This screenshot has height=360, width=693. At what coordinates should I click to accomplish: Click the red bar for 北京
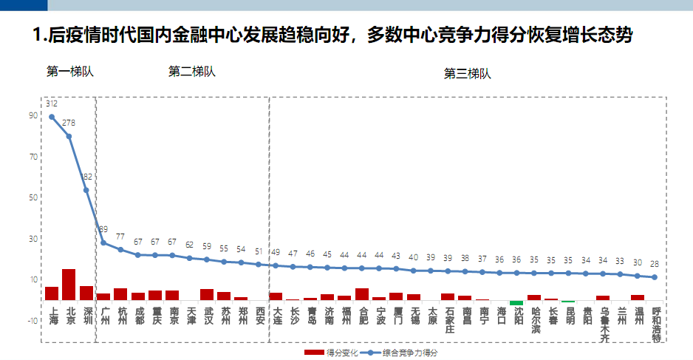(69, 285)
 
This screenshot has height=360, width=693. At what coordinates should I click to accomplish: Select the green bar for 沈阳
(516, 302)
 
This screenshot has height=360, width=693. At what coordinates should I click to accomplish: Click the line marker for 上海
(52, 117)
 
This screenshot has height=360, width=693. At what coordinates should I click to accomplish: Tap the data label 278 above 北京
(69, 123)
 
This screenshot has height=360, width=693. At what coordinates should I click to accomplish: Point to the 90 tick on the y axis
(33, 115)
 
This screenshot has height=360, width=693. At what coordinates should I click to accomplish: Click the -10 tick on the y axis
(32, 320)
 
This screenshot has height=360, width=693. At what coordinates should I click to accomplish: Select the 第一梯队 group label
(70, 72)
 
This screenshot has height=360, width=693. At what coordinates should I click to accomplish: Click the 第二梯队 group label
(192, 72)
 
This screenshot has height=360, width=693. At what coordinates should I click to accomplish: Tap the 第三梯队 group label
(467, 73)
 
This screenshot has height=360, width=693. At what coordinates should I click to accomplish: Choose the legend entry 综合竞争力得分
(403, 353)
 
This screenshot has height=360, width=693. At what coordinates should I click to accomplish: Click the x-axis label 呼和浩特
(656, 325)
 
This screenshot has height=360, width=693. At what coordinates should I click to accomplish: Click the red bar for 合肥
(362, 294)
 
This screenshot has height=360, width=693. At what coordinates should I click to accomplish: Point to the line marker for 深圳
(86, 190)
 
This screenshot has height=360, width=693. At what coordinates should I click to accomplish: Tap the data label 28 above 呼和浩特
(654, 264)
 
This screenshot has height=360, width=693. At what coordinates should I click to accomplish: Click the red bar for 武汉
(207, 294)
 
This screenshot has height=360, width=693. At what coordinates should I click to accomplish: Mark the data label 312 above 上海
(52, 103)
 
